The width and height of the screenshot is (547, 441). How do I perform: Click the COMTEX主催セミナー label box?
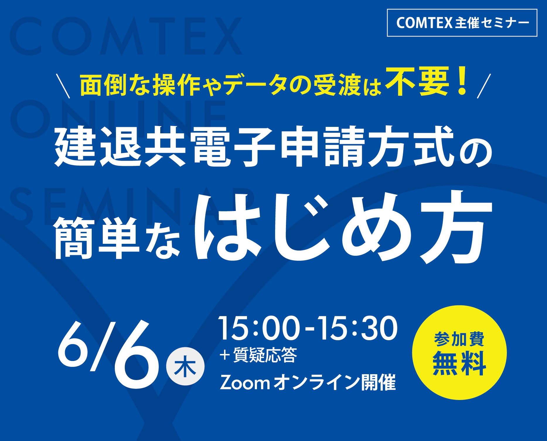coord(462,23)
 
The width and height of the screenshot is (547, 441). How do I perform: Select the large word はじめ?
coord(302,229)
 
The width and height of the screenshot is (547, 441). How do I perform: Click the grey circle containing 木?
coord(185,366)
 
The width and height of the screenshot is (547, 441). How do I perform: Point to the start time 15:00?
coord(259,328)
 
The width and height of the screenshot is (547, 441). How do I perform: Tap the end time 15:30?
coord(357,328)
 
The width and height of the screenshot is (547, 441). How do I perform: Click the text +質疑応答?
coord(258,355)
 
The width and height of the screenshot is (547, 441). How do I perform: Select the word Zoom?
coord(245,383)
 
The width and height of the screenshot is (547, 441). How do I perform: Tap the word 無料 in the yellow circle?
coord(459,363)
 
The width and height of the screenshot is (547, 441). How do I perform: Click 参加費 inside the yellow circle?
coord(459,339)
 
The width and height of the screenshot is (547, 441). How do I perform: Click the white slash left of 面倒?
coord(63,86)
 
